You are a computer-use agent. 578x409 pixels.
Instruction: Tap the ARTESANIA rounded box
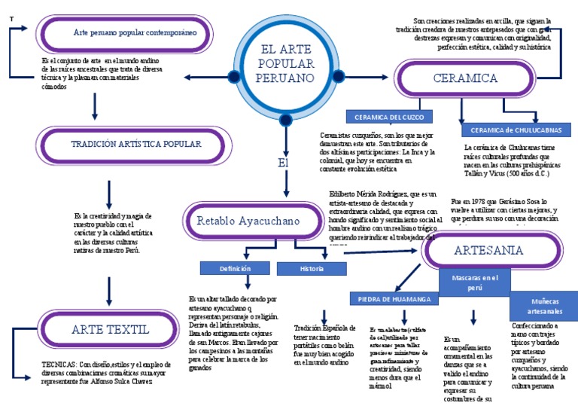(x=494, y=250)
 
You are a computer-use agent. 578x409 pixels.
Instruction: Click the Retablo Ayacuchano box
(x=248, y=221)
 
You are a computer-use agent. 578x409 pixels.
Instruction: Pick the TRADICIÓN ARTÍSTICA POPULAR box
(x=135, y=144)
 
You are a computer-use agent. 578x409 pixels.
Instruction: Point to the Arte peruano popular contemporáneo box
(x=135, y=33)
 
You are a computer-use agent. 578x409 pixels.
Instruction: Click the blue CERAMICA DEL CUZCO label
(x=388, y=117)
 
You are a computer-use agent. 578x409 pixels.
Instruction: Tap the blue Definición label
(x=235, y=268)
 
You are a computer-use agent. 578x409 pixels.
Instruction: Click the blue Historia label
(x=311, y=268)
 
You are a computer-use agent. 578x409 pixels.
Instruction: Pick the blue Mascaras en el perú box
(x=474, y=282)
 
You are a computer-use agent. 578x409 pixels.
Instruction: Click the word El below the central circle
(x=283, y=163)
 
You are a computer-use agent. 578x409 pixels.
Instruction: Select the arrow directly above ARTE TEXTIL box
(x=110, y=289)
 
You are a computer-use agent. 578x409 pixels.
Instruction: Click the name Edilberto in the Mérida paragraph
(x=342, y=194)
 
